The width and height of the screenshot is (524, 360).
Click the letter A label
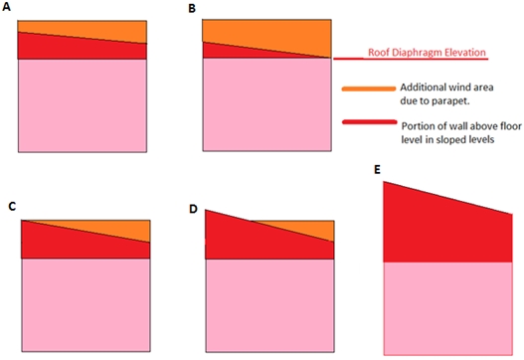pyautogui.click(x=8, y=8)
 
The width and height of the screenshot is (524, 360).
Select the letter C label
pyautogui.click(x=11, y=206)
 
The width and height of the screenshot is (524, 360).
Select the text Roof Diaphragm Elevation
pyautogui.click(x=428, y=52)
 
